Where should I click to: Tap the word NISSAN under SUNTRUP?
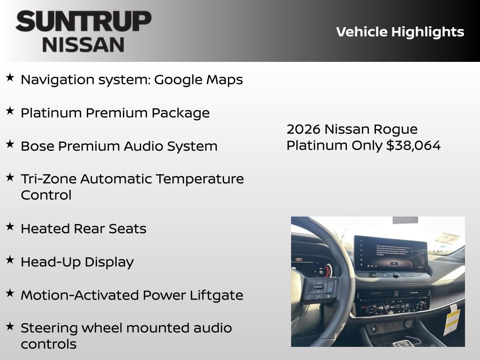pyautogui.click(x=83, y=45)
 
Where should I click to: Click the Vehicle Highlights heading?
pyautogui.click(x=400, y=32)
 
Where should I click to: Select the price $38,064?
pyautogui.click(x=413, y=146)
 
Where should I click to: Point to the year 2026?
pyautogui.click(x=303, y=129)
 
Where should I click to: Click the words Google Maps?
pyautogui.click(x=198, y=80)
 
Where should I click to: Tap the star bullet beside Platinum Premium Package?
pyautogui.click(x=10, y=111)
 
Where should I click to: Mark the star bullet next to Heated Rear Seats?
pyautogui.click(x=10, y=227)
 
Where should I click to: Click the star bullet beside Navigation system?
pyautogui.click(x=10, y=78)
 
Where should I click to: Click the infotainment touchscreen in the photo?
pyautogui.click(x=390, y=254)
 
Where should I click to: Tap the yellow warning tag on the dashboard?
pyautogui.click(x=451, y=319)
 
